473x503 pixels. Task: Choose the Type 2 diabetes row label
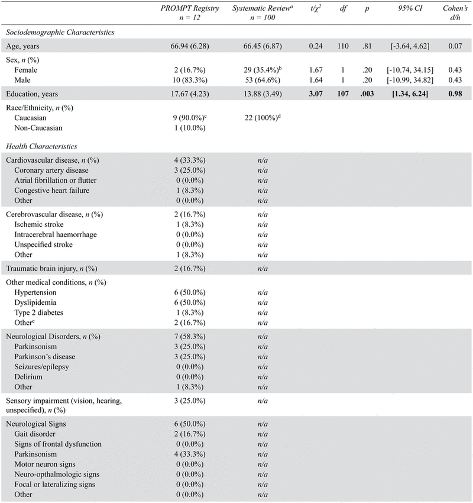[42, 311]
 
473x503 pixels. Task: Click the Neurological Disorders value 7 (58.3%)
[191, 337]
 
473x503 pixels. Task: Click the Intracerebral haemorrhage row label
[56, 235]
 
